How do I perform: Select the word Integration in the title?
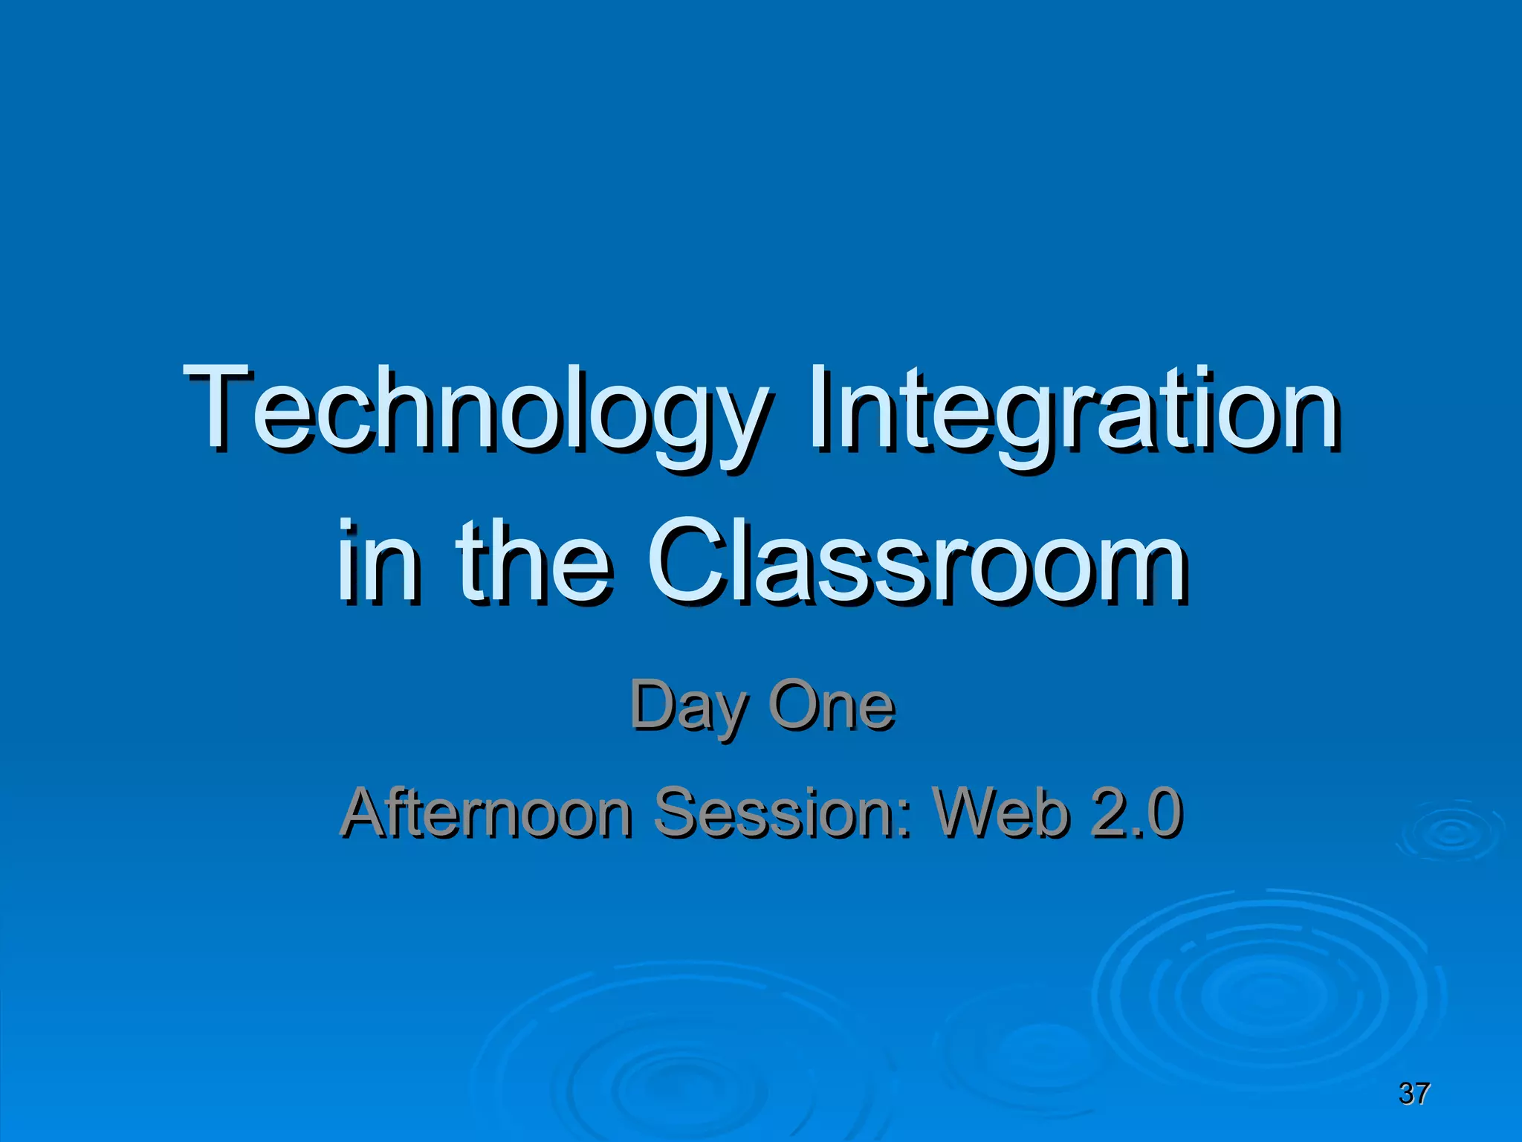point(1074,413)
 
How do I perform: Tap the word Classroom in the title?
point(918,561)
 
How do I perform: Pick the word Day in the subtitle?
point(687,706)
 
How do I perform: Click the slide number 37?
point(1414,1094)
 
